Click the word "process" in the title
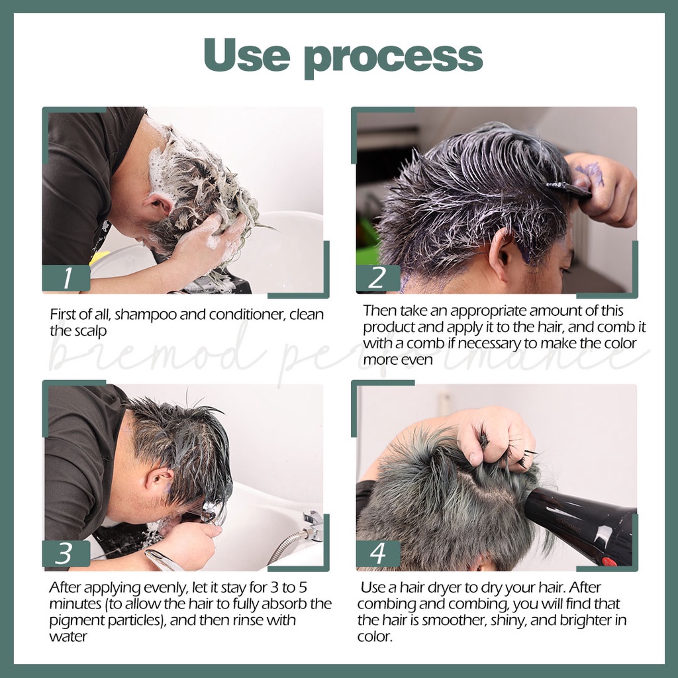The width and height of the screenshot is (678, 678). [393, 58]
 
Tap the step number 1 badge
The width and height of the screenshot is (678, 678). [66, 278]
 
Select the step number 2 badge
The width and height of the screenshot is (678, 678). [377, 278]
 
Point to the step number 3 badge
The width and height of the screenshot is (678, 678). [65, 554]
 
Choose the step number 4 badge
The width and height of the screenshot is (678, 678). [377, 554]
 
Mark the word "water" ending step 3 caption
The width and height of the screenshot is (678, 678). [68, 637]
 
